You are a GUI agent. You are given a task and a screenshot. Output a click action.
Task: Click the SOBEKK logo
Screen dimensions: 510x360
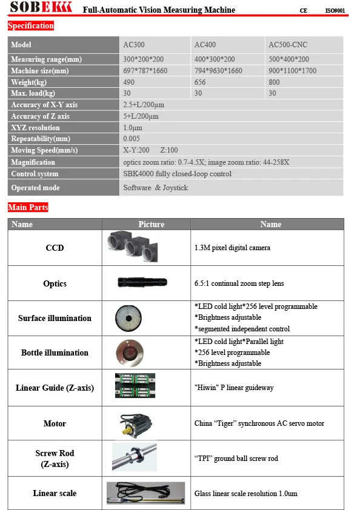(41, 8)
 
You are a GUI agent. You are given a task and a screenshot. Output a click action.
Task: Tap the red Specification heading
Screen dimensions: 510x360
(31, 26)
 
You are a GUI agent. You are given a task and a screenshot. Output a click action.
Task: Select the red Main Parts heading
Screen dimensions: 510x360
(28, 207)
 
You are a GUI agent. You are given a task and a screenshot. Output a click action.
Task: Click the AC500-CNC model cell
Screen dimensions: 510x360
(288, 45)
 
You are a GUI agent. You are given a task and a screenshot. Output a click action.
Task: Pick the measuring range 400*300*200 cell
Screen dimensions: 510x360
(215, 59)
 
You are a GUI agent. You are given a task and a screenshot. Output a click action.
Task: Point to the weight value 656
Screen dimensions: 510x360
(200, 82)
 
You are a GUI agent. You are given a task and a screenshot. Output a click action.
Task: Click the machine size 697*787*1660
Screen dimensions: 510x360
(145, 71)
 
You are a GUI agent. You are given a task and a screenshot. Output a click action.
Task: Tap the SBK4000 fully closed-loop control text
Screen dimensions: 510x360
(177, 174)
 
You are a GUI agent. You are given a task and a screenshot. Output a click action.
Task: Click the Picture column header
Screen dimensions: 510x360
(151, 224)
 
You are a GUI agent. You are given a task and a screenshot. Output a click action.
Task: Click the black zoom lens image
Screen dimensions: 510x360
(143, 282)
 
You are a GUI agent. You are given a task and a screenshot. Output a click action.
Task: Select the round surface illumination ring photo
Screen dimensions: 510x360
(128, 317)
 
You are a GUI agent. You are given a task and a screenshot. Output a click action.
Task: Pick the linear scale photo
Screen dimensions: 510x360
(145, 492)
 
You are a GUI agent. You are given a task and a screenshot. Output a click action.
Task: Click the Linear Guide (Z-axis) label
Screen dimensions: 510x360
(55, 388)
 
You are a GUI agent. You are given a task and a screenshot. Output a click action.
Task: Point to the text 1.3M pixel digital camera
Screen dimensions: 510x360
(232, 247)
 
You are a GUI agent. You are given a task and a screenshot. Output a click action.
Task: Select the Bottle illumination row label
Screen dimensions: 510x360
(55, 353)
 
